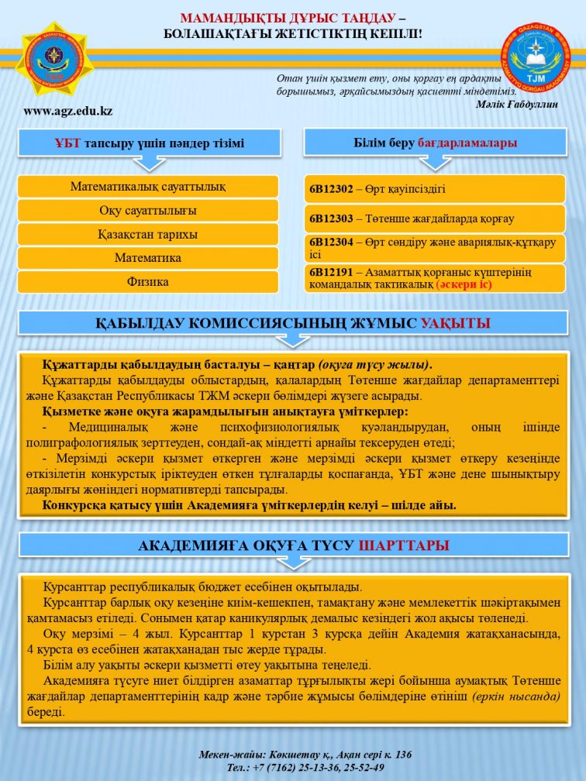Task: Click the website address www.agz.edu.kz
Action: [x=68, y=111]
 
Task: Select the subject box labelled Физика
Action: [x=148, y=282]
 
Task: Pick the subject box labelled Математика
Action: [x=148, y=258]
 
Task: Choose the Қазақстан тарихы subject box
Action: [x=148, y=235]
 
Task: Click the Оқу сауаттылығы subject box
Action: [x=148, y=211]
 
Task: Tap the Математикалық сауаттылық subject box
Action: [x=148, y=187]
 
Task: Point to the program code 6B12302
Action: [x=331, y=189]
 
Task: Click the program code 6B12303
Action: [x=331, y=219]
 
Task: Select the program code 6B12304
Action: [x=331, y=243]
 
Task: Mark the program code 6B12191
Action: [x=331, y=272]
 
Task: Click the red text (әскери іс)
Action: [x=464, y=285]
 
